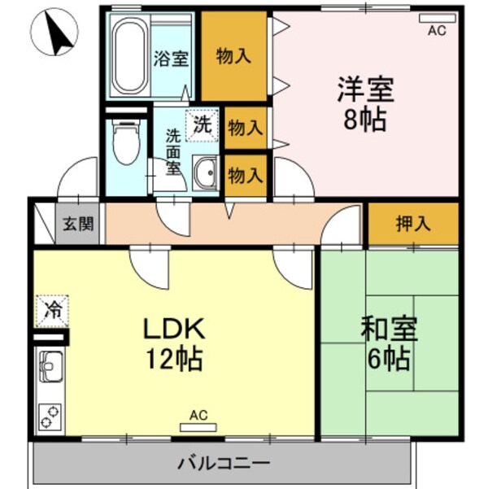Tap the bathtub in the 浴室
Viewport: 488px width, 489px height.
point(129,58)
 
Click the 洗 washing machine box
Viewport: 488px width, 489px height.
point(202,124)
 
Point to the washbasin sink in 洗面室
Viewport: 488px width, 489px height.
point(206,172)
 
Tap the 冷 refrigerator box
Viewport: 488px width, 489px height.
point(53,309)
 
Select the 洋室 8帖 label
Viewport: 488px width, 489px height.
point(364,103)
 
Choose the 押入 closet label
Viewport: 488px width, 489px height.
point(413,224)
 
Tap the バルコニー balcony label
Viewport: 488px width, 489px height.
point(224,464)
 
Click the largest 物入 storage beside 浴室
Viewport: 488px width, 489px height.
point(233,56)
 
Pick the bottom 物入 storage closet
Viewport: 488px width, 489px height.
point(245,175)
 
